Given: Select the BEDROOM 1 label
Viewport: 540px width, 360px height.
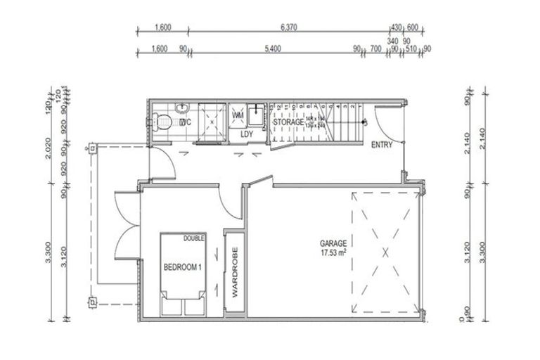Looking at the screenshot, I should (x=182, y=267).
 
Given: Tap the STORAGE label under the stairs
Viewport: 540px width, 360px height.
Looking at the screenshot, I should (x=288, y=122).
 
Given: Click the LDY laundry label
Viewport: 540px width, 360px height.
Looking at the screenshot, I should (x=246, y=134).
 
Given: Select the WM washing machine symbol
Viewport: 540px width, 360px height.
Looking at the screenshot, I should (x=238, y=115).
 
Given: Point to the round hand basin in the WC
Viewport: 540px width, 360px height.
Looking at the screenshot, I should (x=183, y=108).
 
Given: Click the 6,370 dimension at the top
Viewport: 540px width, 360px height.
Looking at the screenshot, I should (x=290, y=27).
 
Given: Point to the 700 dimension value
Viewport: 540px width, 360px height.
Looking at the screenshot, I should (x=375, y=49).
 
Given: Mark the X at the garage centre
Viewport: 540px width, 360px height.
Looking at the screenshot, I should (x=385, y=251).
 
